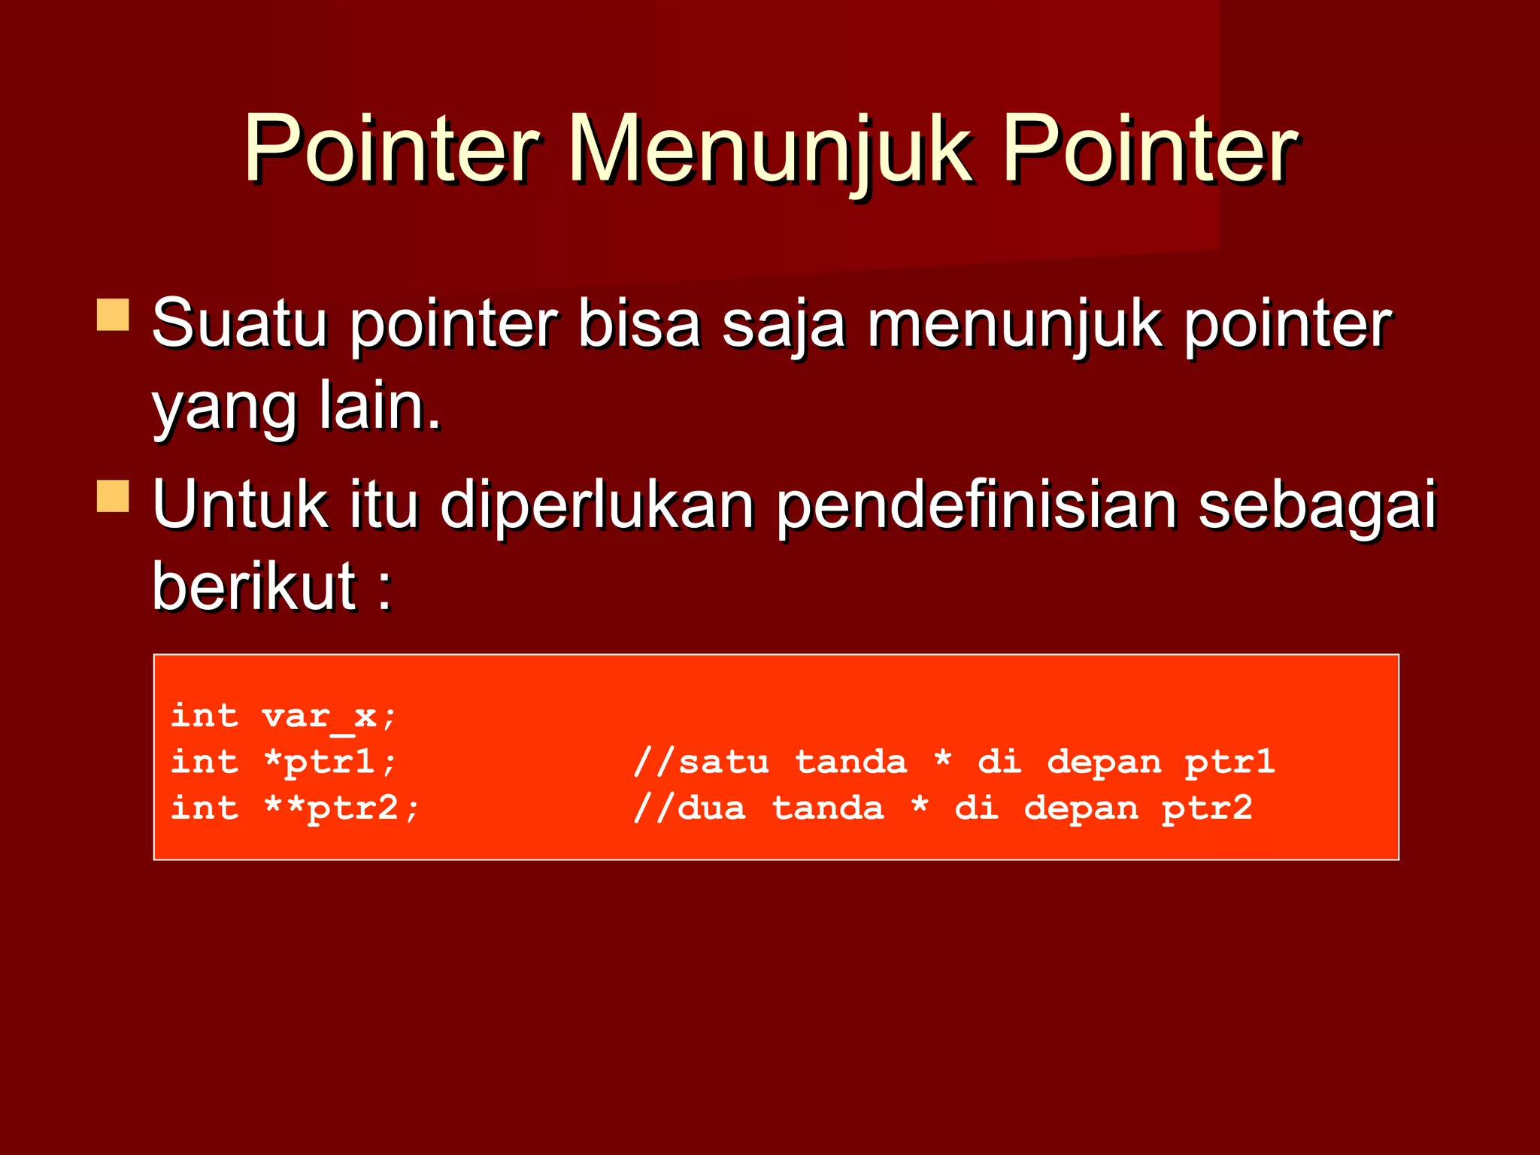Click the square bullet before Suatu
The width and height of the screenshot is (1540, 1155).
(113, 315)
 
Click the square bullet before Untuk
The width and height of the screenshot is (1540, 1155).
(113, 496)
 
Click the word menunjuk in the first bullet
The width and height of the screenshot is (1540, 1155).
(1014, 325)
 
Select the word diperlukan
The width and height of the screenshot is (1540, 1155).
(597, 506)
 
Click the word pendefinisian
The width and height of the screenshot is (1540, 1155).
(976, 506)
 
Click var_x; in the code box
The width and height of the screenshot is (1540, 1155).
(329, 716)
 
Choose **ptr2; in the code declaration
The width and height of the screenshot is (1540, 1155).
(341, 808)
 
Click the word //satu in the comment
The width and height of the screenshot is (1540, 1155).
(701, 762)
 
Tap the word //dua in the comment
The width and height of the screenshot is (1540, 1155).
(690, 808)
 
